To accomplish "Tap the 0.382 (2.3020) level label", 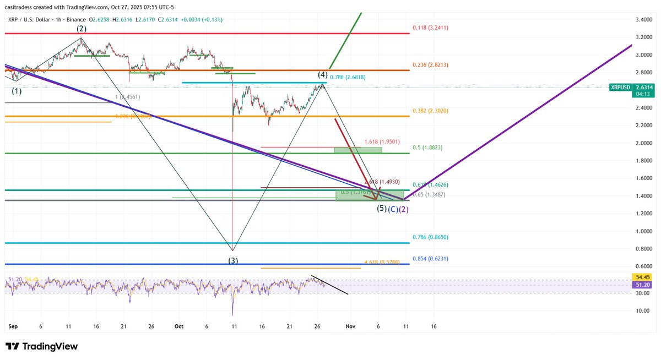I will (432, 110).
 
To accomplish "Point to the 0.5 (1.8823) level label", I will (428, 148).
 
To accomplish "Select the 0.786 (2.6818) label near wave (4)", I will (349, 78).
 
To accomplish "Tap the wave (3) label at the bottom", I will (234, 260).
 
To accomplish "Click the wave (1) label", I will (17, 91).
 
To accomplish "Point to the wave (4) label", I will (322, 74).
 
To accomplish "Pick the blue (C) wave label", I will (393, 209).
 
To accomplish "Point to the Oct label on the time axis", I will (178, 326).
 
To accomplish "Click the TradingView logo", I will (41, 346).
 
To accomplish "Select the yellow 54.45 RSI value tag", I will (641, 277).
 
